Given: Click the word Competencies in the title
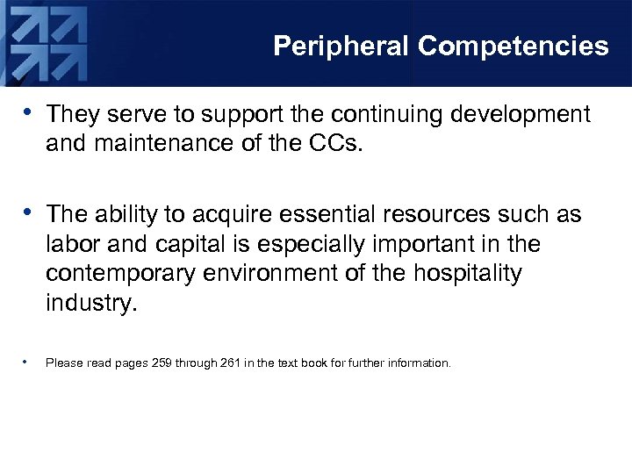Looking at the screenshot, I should [x=513, y=47].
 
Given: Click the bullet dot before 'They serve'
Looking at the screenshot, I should [x=30, y=112].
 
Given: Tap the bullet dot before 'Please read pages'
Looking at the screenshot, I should [x=29, y=361].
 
